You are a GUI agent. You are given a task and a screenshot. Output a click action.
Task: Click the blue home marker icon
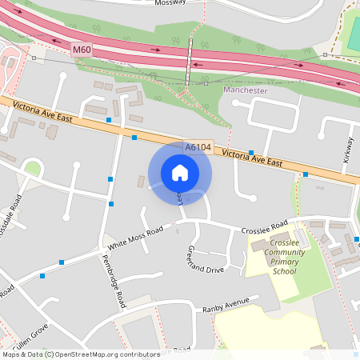(x=180, y=172)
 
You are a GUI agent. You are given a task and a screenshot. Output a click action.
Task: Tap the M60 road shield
(x=82, y=50)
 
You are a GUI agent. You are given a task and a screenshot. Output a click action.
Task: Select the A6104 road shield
(x=198, y=147)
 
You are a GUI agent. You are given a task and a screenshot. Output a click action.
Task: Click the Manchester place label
(x=246, y=90)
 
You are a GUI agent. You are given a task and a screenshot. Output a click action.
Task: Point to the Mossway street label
(x=169, y=3)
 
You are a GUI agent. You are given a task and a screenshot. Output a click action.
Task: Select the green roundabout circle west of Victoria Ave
(x=32, y=168)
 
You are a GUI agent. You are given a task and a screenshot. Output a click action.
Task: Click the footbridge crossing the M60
(x=190, y=62)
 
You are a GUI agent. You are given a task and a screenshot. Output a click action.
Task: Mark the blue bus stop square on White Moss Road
(x=40, y=274)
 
